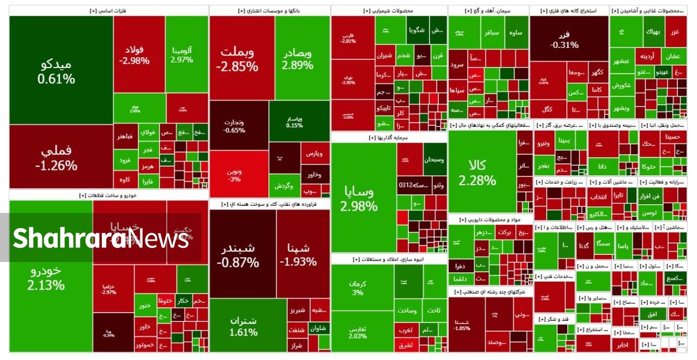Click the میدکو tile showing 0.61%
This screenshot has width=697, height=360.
tap(56, 71)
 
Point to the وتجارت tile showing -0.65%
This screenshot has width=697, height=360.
tap(234, 126)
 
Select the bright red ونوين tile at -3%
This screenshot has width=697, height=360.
tap(234, 175)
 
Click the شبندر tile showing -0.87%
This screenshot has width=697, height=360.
tap(237, 255)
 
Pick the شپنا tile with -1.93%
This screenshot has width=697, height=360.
tap(298, 255)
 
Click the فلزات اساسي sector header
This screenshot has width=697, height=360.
tap(108, 10)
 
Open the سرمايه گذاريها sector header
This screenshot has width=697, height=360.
tap(389, 138)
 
